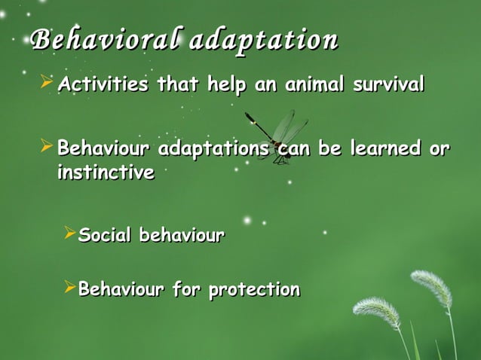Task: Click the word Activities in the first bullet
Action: pyautogui.click(x=103, y=84)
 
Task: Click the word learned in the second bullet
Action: pyautogui.click(x=384, y=148)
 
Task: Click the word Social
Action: pyautogui.click(x=103, y=236)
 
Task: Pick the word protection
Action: pyautogui.click(x=254, y=289)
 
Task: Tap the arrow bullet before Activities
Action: pyautogui.click(x=46, y=82)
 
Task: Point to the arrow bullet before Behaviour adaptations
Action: pyautogui.click(x=46, y=146)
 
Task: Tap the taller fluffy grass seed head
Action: pyautogui.click(x=431, y=288)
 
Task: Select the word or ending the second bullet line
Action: pyautogui.click(x=439, y=148)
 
